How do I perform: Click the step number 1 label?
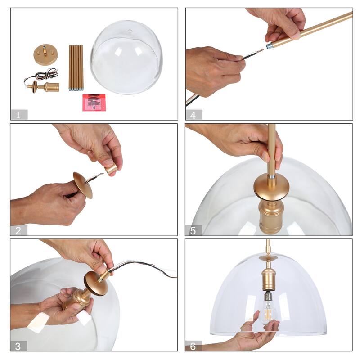(18, 115)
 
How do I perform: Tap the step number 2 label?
(18, 230)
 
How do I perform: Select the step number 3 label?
(18, 346)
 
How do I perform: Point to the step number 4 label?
(193, 115)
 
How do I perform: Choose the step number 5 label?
(193, 230)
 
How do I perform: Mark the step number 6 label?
(193, 346)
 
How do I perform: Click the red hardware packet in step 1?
(94, 102)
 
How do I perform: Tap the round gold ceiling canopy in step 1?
(44, 54)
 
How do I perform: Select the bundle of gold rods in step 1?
(76, 67)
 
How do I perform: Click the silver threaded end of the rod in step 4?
(270, 45)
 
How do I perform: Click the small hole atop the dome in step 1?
(130, 31)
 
